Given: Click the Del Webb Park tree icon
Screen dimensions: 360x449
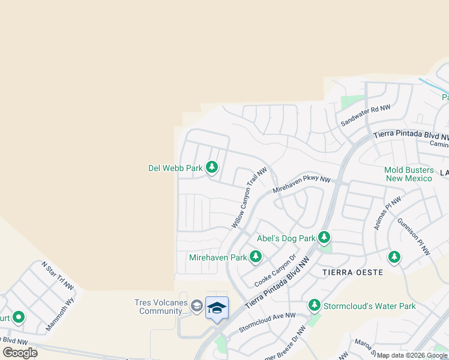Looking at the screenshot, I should (211, 167).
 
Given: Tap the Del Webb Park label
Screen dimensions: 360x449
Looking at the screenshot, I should (175, 168).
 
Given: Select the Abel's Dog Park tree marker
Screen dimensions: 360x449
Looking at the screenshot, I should (324, 238).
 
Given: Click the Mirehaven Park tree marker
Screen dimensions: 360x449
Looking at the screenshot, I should (256, 257).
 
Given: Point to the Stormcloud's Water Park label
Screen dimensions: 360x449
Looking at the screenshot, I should (369, 306).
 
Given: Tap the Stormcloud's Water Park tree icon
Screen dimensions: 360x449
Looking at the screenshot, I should (314, 305).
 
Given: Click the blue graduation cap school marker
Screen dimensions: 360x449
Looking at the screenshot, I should (217, 308).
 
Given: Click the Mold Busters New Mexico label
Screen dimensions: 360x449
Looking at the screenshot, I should (408, 174).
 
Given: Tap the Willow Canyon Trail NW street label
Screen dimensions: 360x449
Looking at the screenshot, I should (249, 197).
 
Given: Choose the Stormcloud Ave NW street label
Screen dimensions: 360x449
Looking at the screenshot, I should (267, 322).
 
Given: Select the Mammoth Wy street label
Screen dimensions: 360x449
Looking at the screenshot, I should (62, 313).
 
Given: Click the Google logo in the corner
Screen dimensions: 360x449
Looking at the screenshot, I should (20, 353).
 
